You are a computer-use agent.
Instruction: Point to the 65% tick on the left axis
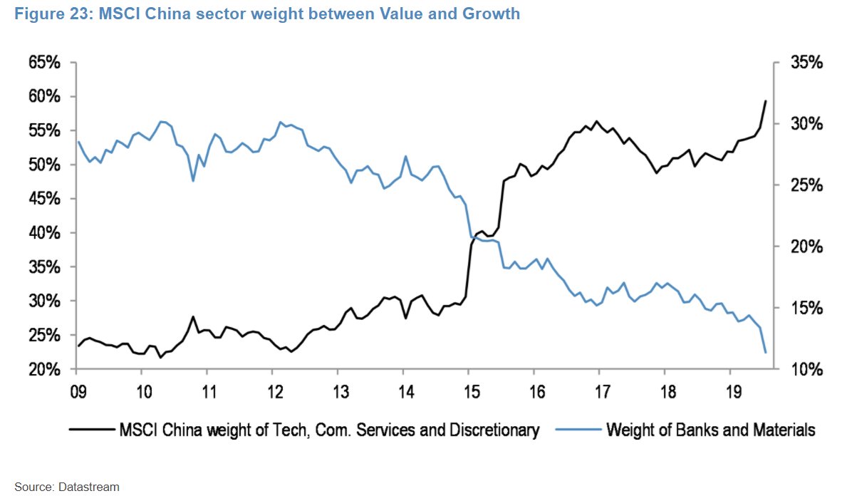44,63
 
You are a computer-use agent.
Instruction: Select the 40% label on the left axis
44,233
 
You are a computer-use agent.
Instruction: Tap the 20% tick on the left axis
44,370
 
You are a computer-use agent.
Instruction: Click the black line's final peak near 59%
765,101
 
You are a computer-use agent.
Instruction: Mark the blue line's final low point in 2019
765,352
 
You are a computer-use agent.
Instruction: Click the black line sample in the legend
91,430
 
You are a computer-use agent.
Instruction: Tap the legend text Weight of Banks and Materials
710,430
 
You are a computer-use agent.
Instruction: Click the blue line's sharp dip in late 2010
193,180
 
